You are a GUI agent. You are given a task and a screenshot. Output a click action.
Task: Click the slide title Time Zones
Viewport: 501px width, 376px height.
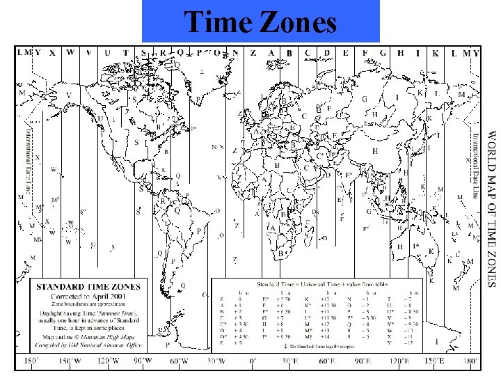click(x=260, y=24)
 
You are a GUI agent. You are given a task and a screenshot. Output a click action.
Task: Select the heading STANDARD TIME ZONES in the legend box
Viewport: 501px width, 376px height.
click(x=88, y=286)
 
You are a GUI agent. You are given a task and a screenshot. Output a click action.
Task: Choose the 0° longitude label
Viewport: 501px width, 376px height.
click(x=253, y=361)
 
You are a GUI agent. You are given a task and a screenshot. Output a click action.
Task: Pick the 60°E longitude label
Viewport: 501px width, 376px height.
click(x=326, y=361)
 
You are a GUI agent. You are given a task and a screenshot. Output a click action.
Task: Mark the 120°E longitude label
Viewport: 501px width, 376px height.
click(x=399, y=361)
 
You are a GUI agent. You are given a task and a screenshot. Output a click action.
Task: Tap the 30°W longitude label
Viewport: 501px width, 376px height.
click(x=217, y=361)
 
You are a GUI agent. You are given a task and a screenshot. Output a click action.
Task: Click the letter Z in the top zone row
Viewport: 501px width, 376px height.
click(x=253, y=52)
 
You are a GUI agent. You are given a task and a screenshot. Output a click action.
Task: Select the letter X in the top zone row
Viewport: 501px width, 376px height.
click(x=53, y=52)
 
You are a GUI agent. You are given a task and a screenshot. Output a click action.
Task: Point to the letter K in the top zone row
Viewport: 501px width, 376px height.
click(x=436, y=52)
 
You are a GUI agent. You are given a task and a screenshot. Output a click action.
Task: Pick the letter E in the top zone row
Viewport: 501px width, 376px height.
click(x=346, y=52)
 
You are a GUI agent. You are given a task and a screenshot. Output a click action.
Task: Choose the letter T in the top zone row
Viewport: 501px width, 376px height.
click(x=125, y=52)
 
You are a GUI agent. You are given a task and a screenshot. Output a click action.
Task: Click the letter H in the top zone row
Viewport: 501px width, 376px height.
click(x=401, y=52)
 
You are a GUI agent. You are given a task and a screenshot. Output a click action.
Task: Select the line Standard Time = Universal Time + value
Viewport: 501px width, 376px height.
click(x=313, y=284)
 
